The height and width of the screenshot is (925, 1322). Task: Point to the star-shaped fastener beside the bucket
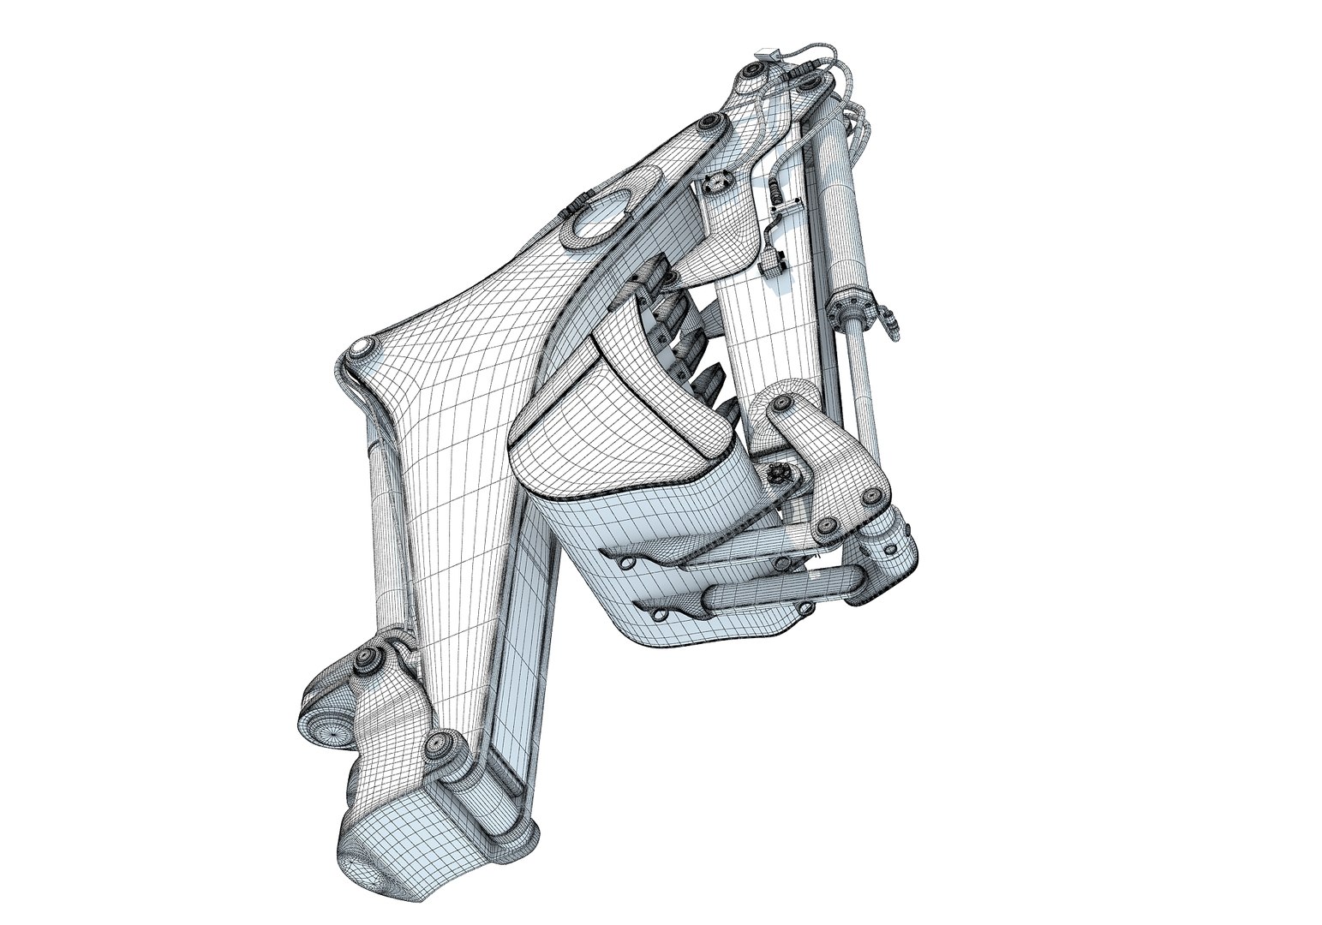click(779, 471)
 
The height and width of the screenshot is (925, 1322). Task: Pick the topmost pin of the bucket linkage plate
click(781, 402)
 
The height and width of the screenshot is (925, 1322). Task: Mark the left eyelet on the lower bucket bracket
click(658, 613)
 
